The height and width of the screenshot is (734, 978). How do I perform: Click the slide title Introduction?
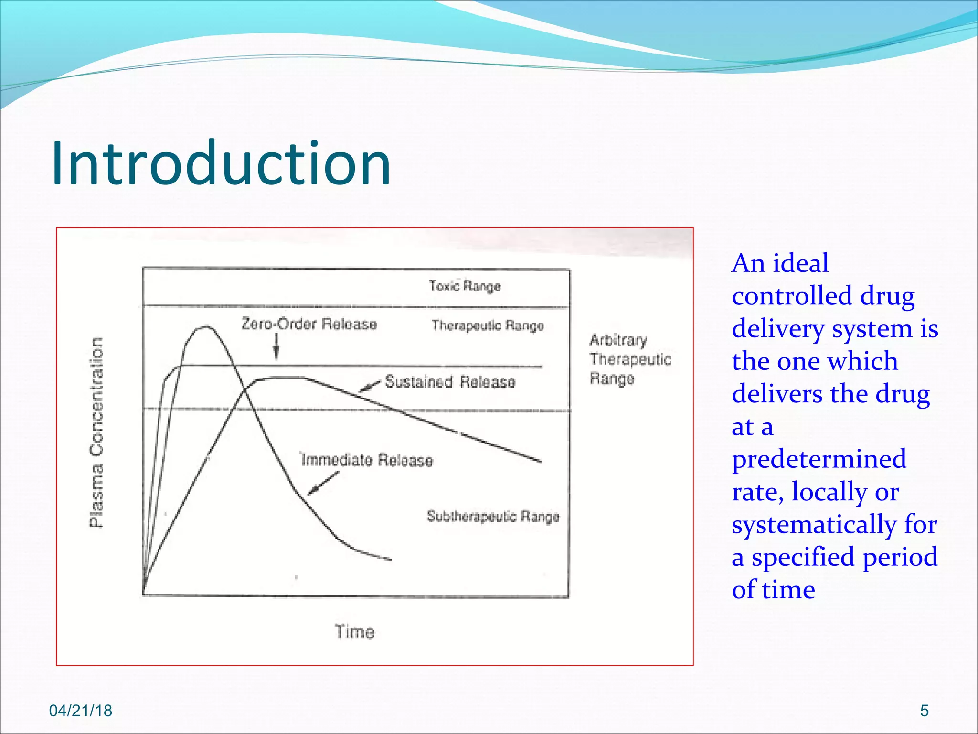[x=221, y=163]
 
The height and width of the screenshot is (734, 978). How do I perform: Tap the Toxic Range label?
[x=464, y=286]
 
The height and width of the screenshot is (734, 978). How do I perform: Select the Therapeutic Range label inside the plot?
[x=488, y=325]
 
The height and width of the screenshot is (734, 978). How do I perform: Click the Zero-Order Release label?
[x=309, y=324]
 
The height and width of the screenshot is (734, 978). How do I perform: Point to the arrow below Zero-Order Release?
[x=276, y=346]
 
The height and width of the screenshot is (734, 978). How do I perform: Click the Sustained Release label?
[x=450, y=382]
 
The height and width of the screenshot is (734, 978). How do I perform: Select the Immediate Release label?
[x=367, y=460]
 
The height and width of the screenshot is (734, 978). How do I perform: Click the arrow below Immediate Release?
[x=323, y=483]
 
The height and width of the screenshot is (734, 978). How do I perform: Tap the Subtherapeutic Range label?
[x=493, y=517]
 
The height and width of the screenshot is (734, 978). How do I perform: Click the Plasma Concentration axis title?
[x=96, y=432]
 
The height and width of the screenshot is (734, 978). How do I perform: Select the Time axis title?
[x=354, y=632]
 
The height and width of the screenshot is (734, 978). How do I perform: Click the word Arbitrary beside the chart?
[x=618, y=340]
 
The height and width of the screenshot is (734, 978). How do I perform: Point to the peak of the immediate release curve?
[x=205, y=327]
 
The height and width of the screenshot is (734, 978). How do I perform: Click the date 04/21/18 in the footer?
[x=81, y=711]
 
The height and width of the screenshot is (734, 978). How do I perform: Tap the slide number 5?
[x=924, y=711]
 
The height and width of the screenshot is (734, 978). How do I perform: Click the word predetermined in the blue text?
[x=819, y=459]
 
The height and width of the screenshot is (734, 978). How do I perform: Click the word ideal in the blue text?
[x=800, y=263]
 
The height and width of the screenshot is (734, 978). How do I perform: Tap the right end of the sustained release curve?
[x=540, y=461]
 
